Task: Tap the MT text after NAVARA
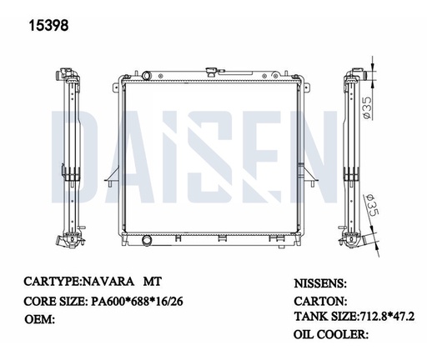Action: pyautogui.click(x=155, y=282)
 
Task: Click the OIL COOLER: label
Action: pyautogui.click(x=331, y=334)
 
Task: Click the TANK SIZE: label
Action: pyautogui.click(x=324, y=317)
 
